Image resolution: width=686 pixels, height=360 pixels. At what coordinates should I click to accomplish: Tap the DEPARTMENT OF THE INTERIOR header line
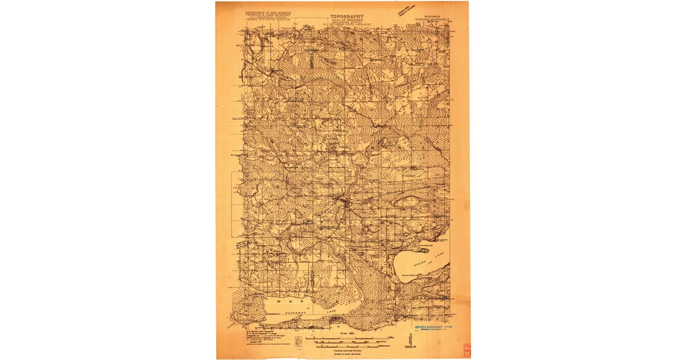(x=268, y=11)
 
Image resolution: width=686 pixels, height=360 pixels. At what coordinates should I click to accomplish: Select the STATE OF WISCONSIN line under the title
(x=346, y=14)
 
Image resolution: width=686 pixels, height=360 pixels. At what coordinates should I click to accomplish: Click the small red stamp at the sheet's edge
(x=466, y=350)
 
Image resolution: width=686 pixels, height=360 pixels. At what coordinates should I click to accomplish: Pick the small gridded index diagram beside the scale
(x=298, y=341)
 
